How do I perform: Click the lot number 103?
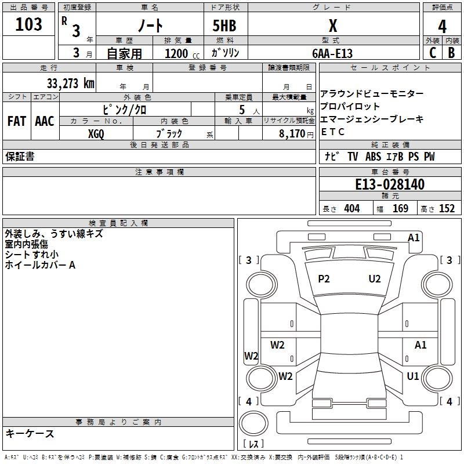point(29,24)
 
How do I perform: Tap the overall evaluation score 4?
point(442,27)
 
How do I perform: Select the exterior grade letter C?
point(433,52)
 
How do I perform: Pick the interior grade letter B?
point(451,52)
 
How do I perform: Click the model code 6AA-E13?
point(332,53)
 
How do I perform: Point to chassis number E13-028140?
point(390,184)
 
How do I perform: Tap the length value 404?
point(351,209)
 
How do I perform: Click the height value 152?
point(447,209)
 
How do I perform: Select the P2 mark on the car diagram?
point(324,279)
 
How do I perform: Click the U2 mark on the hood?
point(375,279)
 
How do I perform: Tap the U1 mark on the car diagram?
point(413,376)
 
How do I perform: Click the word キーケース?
point(30,433)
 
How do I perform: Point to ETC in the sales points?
point(333,132)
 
